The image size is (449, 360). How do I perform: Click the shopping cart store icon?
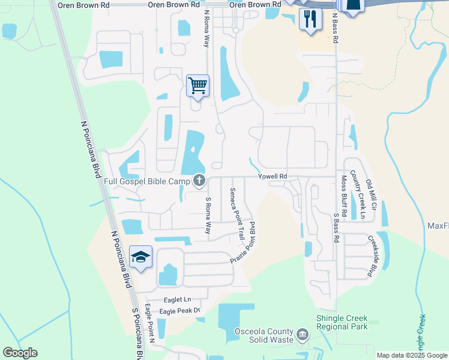[x=197, y=85]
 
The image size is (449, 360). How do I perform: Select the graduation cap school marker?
[x=140, y=257]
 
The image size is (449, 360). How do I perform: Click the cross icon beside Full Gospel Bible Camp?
[x=199, y=180]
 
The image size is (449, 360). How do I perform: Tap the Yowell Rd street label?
[x=273, y=176]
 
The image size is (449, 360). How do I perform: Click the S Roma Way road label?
[x=208, y=215]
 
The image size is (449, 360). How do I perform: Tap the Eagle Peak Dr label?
[x=179, y=311]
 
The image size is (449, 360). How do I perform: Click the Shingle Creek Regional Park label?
[x=342, y=322]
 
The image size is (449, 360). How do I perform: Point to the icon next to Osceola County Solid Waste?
[x=303, y=333]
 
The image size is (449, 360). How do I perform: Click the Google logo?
[x=20, y=353]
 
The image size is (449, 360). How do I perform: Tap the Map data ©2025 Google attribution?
[x=411, y=355]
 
